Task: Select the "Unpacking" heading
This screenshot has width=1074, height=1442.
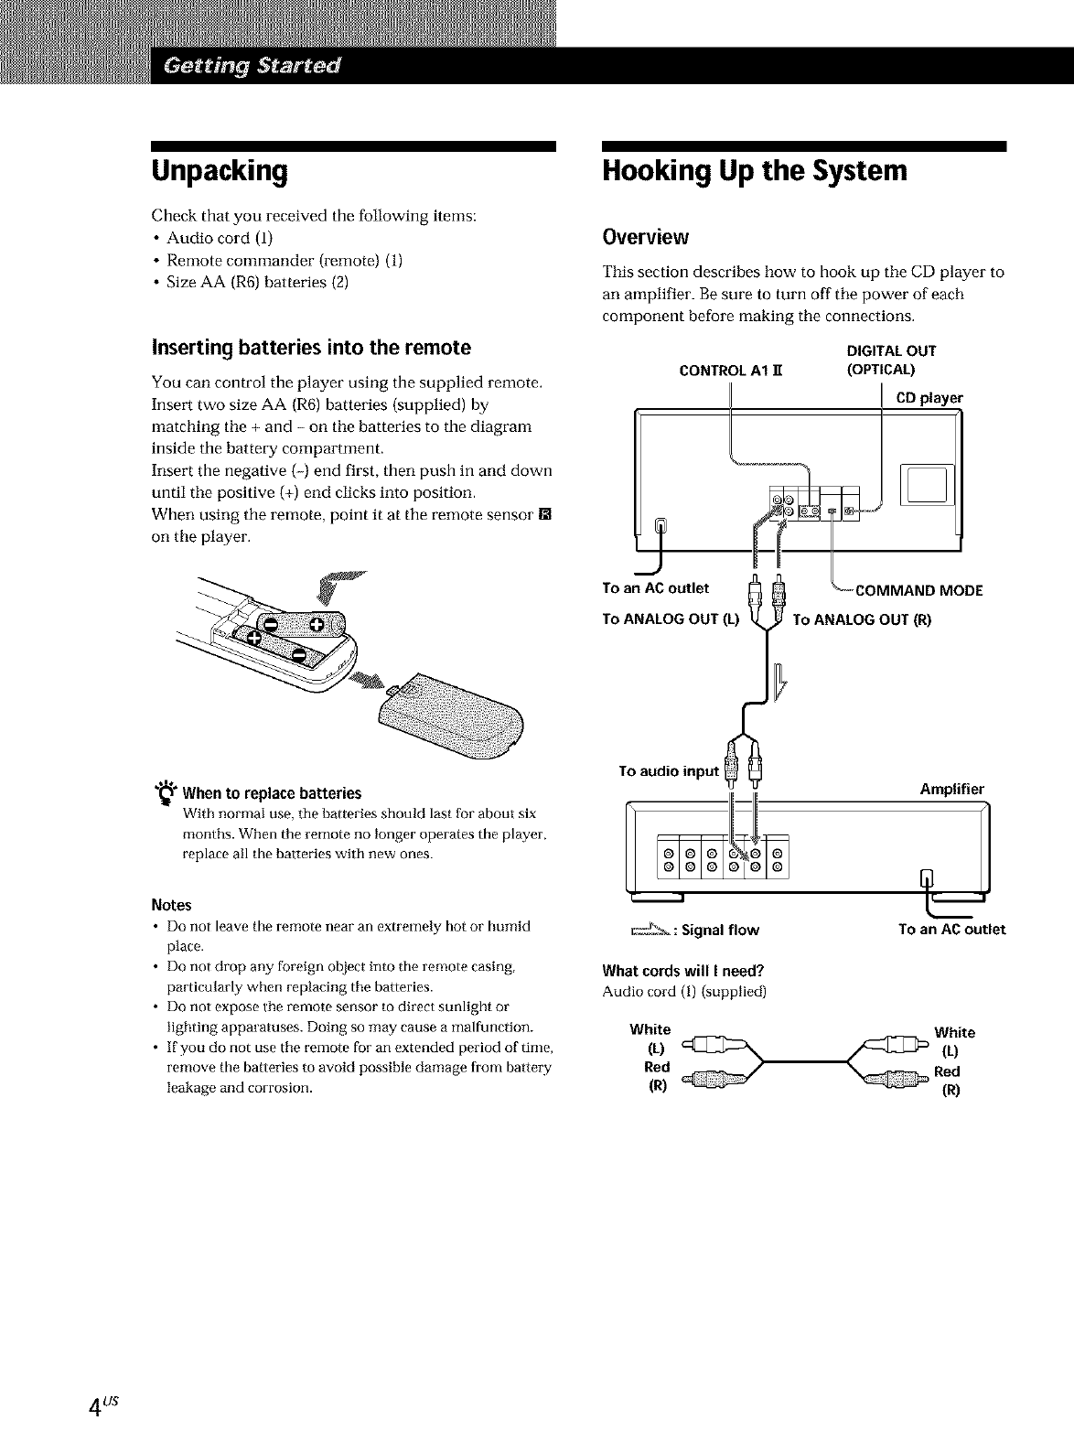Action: tap(220, 171)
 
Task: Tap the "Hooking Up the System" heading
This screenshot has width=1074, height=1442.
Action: tap(755, 171)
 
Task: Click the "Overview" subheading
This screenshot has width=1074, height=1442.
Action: tap(645, 237)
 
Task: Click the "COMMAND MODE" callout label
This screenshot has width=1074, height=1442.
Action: tap(918, 590)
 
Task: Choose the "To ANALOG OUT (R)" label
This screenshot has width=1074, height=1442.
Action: tap(862, 619)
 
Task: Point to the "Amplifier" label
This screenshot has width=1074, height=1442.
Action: tap(951, 789)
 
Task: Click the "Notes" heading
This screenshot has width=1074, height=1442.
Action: tap(171, 905)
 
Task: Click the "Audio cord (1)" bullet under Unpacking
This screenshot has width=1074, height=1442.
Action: tap(208, 238)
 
